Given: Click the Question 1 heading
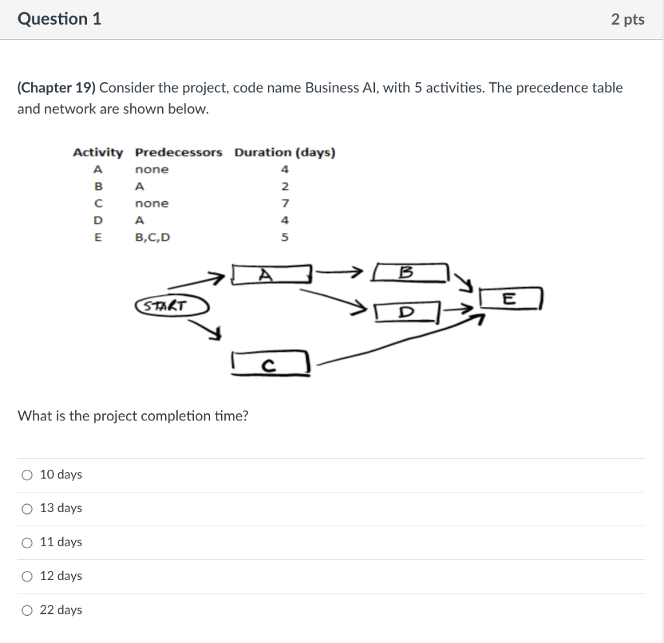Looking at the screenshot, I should click(x=60, y=19).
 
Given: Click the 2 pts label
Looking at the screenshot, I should click(x=627, y=19).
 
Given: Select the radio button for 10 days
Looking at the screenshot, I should click(x=27, y=475).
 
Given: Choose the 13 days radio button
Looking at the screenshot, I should click(x=27, y=509).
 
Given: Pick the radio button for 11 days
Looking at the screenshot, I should click(x=27, y=542).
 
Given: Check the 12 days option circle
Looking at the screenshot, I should click(x=27, y=576).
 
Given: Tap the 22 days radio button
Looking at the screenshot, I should click(x=27, y=610).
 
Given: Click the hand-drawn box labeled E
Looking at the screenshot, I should click(x=510, y=299).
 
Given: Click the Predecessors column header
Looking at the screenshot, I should click(x=178, y=152).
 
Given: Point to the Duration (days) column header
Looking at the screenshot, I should click(x=285, y=152).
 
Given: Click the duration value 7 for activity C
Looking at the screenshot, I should click(x=284, y=204).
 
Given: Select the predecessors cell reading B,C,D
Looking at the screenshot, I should click(x=152, y=237).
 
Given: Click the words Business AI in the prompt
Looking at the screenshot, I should click(x=341, y=88).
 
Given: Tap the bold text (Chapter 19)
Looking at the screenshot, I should click(x=56, y=88).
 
